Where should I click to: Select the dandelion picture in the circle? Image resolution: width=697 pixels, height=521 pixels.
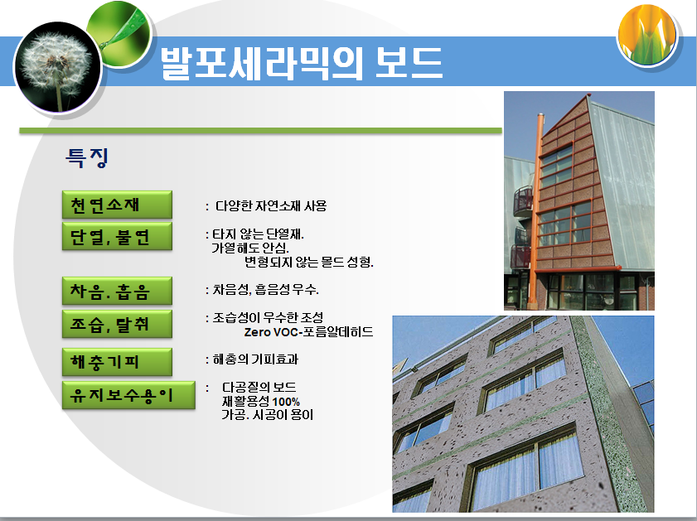tap(56, 65)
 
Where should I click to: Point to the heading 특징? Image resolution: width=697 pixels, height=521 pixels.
tap(87, 157)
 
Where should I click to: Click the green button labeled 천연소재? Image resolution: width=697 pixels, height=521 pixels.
tap(117, 205)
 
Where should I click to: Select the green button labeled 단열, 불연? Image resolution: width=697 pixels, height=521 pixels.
tap(117, 236)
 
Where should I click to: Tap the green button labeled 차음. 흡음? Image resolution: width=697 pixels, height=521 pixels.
tap(117, 291)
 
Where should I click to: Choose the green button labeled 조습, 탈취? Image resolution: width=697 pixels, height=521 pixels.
tap(117, 324)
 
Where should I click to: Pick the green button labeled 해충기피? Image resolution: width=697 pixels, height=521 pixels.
tap(117, 362)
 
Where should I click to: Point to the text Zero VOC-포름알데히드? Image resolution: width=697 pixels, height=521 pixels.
tap(308, 332)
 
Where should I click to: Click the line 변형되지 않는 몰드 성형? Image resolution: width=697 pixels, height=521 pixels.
tap(309, 263)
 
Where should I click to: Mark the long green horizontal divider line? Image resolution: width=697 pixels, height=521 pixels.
tap(260, 131)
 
